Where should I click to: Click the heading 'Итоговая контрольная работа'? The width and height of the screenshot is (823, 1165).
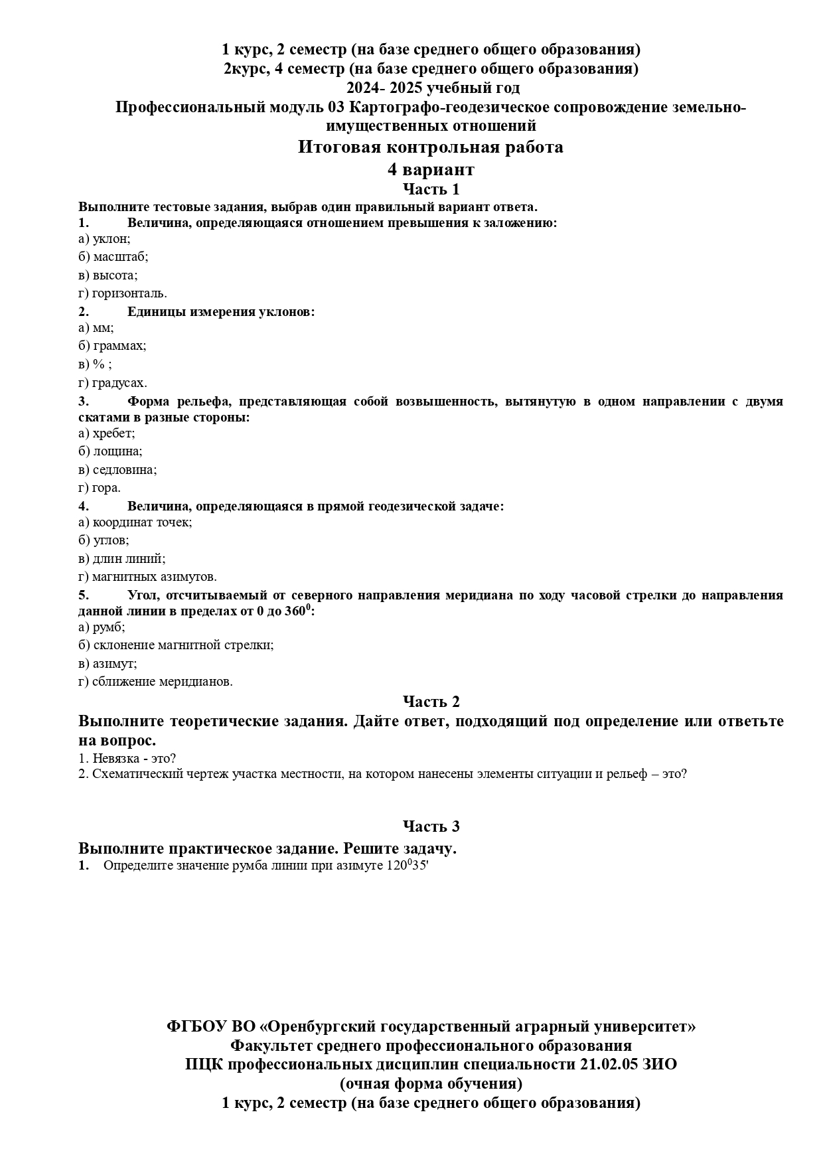coord(430,147)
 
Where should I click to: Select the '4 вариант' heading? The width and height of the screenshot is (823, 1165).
coord(431,169)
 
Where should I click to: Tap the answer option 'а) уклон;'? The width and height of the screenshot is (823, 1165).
coord(104,239)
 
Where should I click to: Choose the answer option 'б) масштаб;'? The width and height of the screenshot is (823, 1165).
coord(113,257)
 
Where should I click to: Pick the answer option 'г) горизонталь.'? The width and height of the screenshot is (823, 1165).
coord(122,293)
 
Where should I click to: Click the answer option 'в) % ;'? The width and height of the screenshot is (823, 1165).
coord(95,364)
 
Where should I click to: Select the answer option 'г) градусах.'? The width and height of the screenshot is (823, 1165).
coord(112,383)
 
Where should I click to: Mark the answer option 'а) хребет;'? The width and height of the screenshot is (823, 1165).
coord(106,433)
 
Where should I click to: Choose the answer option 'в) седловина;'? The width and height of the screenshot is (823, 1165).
coord(117,470)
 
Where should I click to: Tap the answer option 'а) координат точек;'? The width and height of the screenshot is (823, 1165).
coord(135,522)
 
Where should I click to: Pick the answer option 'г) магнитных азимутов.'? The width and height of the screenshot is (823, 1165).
coord(147,577)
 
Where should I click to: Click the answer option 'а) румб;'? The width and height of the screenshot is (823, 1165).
coord(102,627)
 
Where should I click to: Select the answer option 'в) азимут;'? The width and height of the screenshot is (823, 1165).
coord(108,664)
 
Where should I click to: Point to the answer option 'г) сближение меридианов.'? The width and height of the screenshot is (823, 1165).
coord(155,682)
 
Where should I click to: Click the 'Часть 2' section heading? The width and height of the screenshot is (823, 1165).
coord(431,702)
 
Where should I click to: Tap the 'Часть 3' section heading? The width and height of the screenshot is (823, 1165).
coord(431,826)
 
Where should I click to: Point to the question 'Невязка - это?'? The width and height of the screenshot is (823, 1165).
coord(133,758)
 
